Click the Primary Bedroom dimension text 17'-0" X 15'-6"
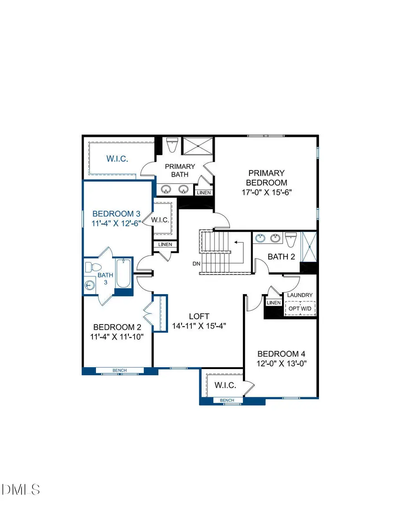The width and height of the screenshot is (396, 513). [266, 192]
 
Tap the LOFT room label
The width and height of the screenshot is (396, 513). [199, 316]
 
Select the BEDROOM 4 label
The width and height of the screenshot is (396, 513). [281, 354]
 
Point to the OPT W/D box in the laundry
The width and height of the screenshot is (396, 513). [300, 309]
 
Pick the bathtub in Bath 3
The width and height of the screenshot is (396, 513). [123, 273]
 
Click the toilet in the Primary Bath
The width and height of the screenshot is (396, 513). [171, 144]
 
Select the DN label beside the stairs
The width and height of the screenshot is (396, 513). [197, 264]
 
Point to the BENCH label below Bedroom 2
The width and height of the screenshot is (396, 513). [120, 370]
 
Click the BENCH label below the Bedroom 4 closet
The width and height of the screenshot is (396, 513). [227, 400]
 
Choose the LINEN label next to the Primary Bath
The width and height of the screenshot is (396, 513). [204, 193]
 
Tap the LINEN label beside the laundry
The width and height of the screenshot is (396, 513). [273, 303]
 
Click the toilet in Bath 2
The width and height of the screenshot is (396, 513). [290, 240]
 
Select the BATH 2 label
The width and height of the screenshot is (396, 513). [281, 257]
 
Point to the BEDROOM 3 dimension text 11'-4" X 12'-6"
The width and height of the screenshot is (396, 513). [116, 223]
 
